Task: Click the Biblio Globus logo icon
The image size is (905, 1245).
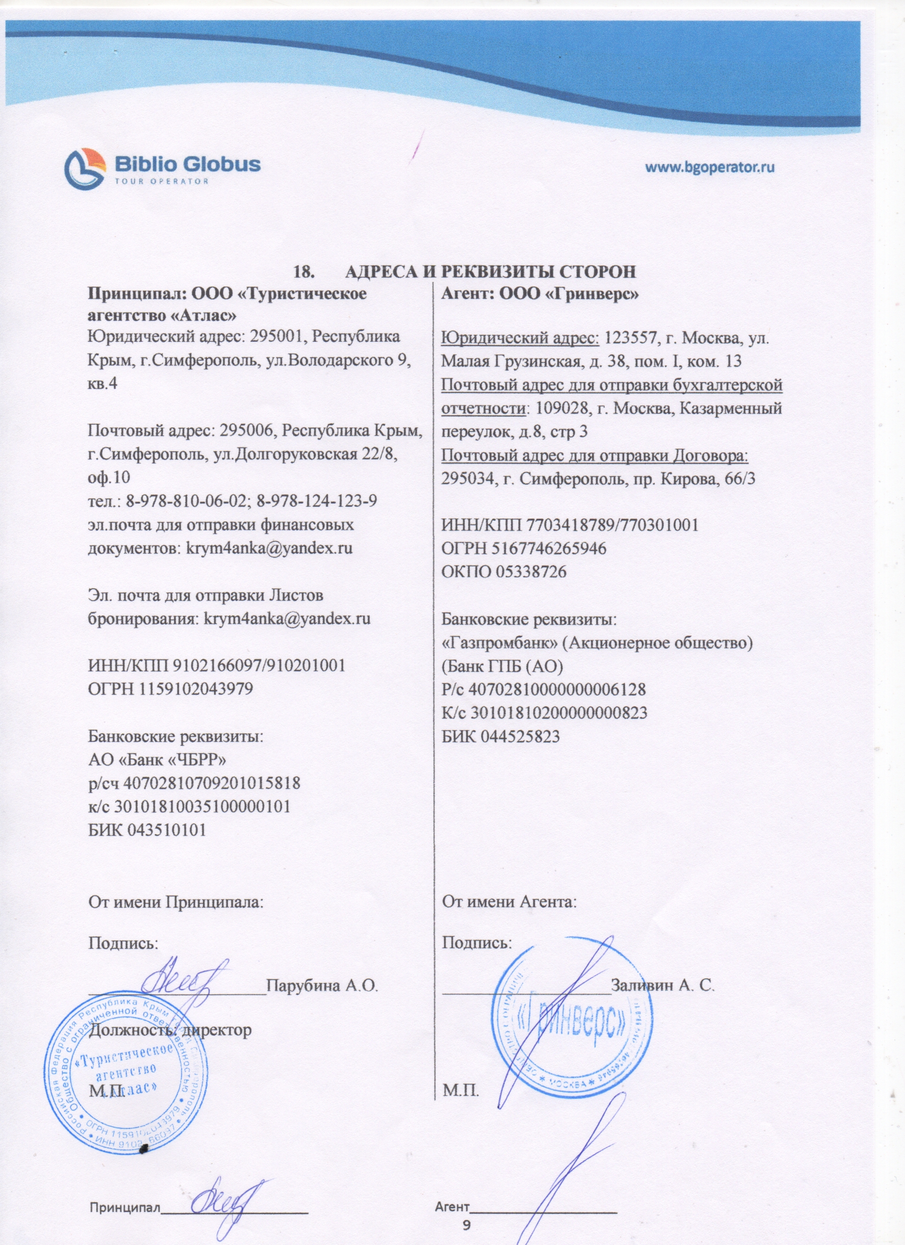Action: pyautogui.click(x=85, y=169)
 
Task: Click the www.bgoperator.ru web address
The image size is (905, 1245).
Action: pyautogui.click(x=709, y=167)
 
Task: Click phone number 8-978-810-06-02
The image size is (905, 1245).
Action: pyautogui.click(x=187, y=501)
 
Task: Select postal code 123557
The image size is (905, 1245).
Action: pyautogui.click(x=631, y=336)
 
